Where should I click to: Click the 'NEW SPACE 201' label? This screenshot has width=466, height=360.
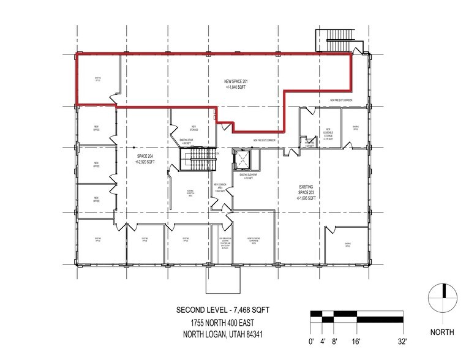pos(236,84)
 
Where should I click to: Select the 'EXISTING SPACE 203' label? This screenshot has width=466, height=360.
pos(306,191)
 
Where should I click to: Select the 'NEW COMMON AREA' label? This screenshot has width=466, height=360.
pos(220,187)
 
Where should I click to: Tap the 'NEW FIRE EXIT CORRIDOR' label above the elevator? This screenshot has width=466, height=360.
pos(265,140)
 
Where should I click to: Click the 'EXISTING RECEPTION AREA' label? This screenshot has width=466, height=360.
pos(190,193)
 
